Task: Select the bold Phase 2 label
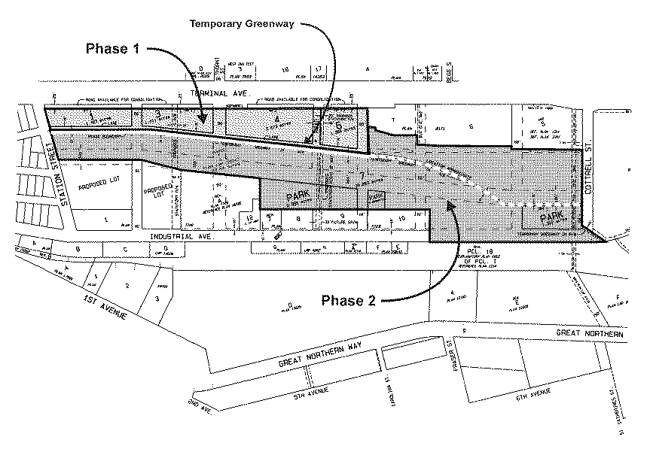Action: pyautogui.click(x=349, y=300)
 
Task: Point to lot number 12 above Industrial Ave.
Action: pyautogui.click(x=249, y=217)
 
